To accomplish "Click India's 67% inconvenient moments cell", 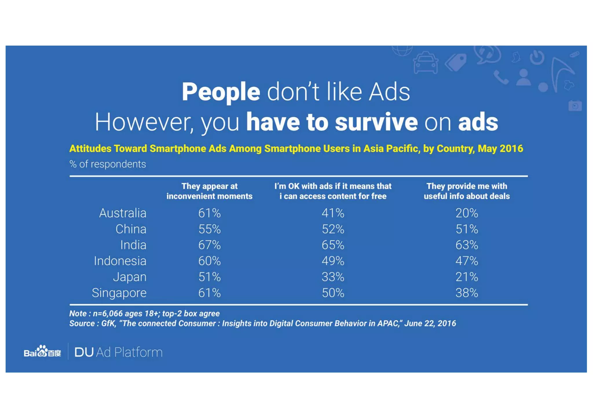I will [209, 245].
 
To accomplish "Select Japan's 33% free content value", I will [333, 277].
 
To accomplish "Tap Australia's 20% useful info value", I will [466, 213].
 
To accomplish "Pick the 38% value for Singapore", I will [466, 293].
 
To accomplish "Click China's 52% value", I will [333, 229].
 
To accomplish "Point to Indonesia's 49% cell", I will [333, 261].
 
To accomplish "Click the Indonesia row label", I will [120, 261].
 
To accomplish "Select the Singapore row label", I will [119, 293].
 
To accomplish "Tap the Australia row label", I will [122, 213].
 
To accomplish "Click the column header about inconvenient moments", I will [209, 191].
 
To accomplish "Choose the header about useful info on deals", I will [466, 191].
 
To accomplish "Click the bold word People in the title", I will [221, 92].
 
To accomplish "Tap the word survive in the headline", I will [376, 122].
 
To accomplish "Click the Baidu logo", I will [42, 352].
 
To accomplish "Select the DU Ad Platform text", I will [118, 352].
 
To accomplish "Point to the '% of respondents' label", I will [107, 164].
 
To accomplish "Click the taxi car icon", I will [425, 63].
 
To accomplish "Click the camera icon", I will [575, 106].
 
